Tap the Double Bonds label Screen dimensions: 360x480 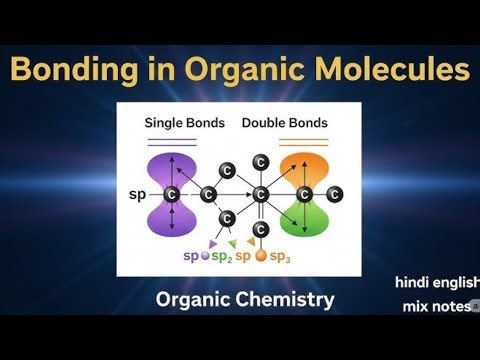point(284,122)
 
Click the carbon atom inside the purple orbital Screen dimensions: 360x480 point(172,191)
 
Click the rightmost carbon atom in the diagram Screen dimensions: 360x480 point(335,193)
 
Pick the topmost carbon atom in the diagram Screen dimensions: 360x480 point(260,161)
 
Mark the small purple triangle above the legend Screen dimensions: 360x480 point(212,242)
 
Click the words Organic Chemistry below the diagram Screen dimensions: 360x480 point(245,298)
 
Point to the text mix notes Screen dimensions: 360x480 point(436,306)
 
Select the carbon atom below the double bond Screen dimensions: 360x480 point(260,230)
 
